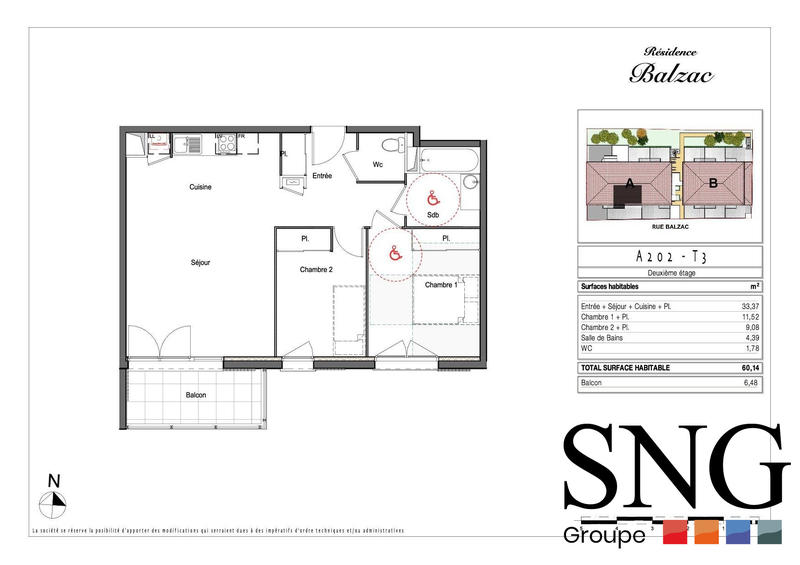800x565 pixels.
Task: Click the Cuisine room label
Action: click(201, 187)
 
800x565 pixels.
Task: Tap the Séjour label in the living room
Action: click(201, 262)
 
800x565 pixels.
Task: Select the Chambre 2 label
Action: click(315, 269)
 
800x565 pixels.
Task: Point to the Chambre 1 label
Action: click(441, 285)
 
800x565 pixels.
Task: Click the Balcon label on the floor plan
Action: click(196, 395)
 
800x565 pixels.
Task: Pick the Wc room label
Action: click(378, 164)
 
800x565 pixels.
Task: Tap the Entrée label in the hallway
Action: click(322, 176)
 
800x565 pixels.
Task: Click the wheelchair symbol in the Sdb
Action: click(433, 197)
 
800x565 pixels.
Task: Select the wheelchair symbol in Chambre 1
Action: click(395, 254)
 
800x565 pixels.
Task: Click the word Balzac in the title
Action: click(671, 73)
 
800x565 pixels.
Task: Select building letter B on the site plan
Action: click(713, 182)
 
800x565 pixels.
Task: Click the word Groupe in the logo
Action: click(604, 535)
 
